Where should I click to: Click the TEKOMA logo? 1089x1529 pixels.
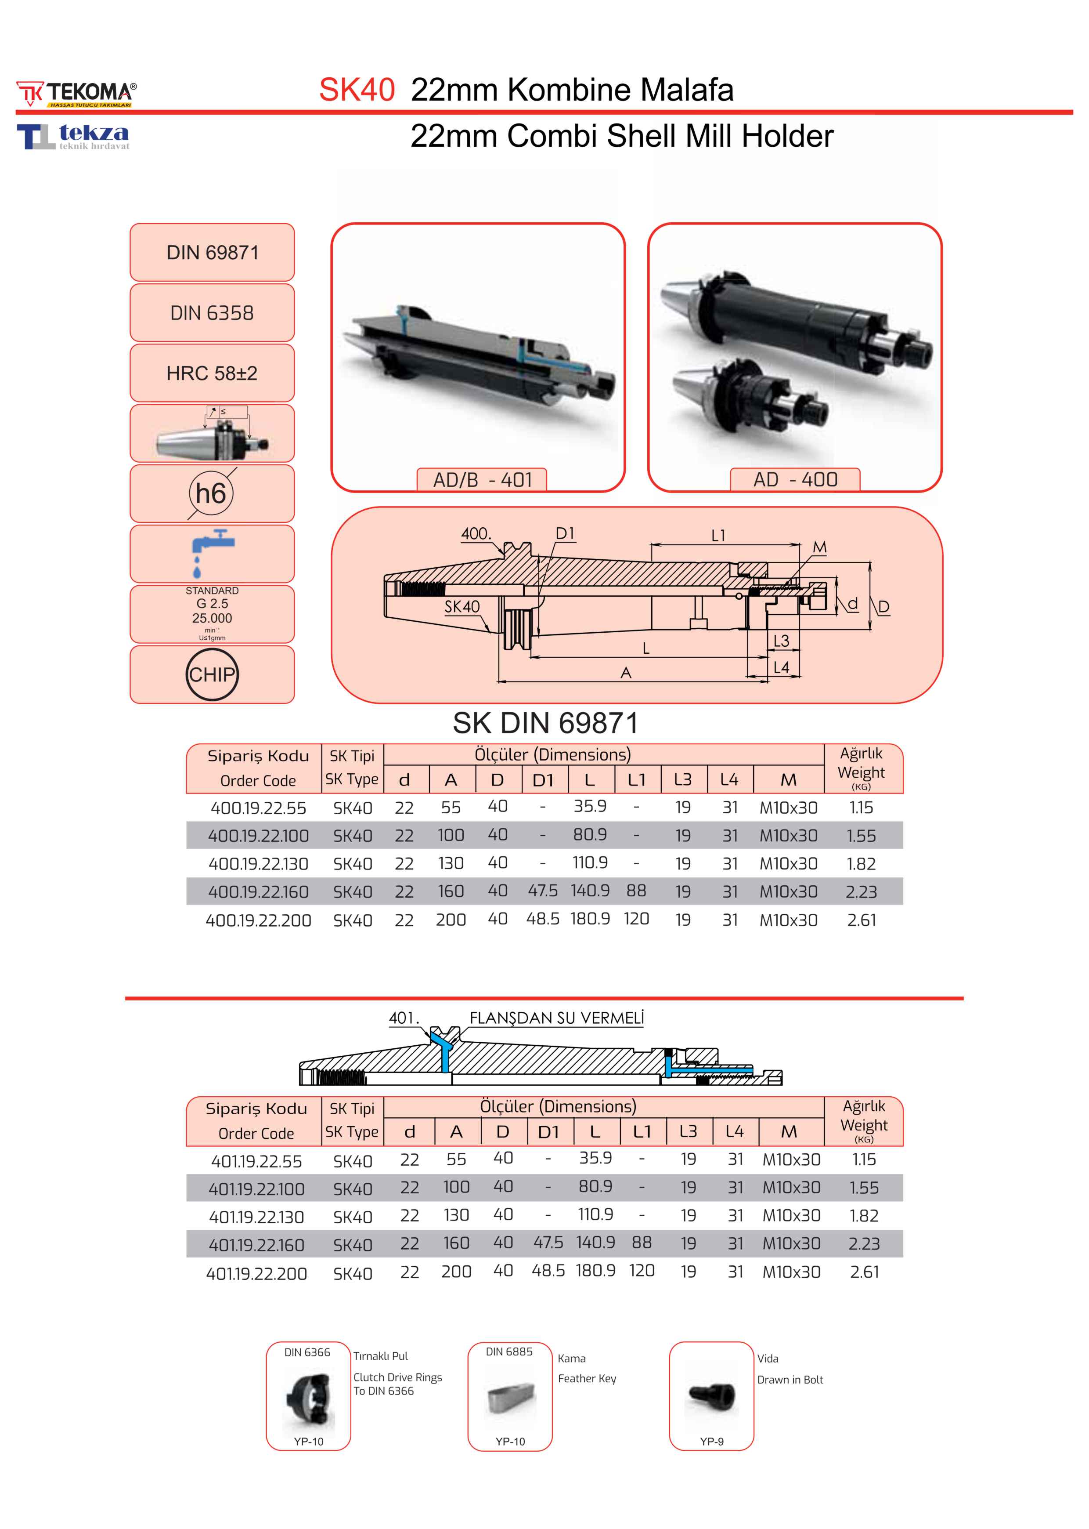[x=76, y=94]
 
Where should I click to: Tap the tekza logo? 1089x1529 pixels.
[x=74, y=136]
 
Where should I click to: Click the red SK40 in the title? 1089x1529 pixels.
[x=357, y=90]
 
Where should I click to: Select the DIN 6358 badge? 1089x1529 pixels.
[x=212, y=313]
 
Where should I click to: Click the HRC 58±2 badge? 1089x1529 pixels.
[x=212, y=373]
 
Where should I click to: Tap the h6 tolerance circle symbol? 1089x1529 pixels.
[x=211, y=494]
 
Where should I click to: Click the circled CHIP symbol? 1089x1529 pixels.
[x=212, y=674]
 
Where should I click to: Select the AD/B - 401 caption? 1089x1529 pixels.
[x=482, y=480]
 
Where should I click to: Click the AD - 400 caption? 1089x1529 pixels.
[x=795, y=480]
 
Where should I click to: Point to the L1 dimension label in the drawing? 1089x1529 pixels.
[x=718, y=536]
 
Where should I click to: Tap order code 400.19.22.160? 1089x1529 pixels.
[x=258, y=891]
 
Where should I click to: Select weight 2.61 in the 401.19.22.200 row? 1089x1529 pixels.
[x=864, y=1272]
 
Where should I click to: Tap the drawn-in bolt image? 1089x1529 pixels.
[x=711, y=1397]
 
